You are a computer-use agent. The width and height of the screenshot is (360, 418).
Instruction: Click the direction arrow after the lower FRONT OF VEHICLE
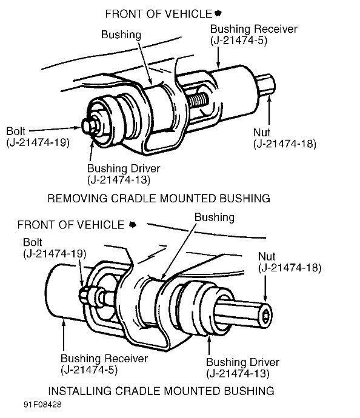click(132, 225)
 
